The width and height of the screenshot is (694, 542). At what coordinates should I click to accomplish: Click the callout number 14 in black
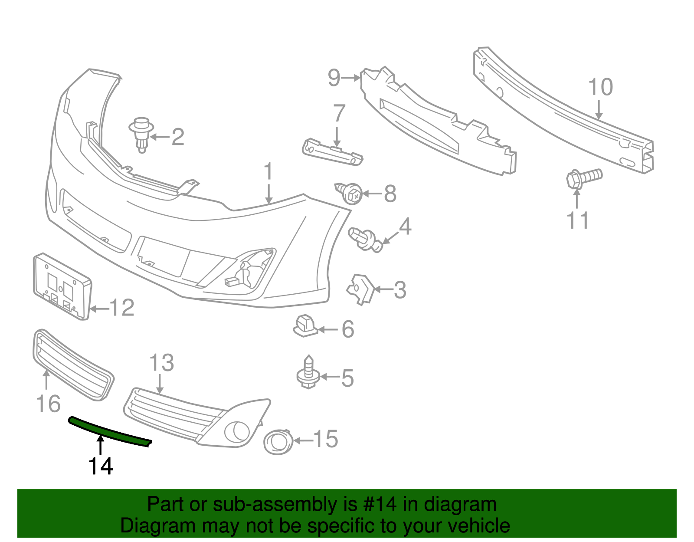[101, 466]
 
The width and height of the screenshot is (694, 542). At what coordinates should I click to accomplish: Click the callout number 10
[600, 87]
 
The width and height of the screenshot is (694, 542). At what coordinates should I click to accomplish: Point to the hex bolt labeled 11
[583, 178]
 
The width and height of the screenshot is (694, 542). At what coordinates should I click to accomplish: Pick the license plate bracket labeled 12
[62, 286]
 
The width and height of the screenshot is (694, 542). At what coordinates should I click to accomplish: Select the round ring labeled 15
[278, 442]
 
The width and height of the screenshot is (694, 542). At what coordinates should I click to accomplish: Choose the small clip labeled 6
[306, 326]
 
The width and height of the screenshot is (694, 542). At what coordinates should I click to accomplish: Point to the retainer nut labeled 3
[360, 288]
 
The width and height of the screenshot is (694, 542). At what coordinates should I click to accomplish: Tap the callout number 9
[334, 78]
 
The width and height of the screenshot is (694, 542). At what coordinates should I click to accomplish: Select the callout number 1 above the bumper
[269, 172]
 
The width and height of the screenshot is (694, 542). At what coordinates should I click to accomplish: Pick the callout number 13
[161, 363]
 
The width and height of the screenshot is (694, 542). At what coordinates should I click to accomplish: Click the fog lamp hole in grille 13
[237, 431]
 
